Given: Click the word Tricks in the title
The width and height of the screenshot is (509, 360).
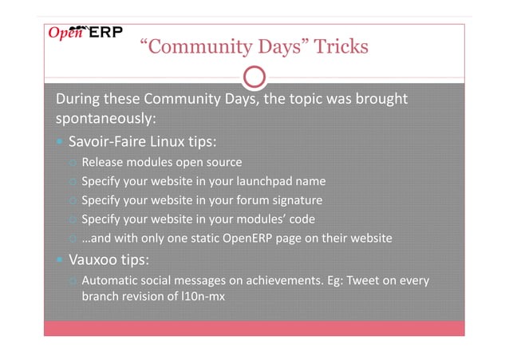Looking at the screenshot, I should pos(341,47).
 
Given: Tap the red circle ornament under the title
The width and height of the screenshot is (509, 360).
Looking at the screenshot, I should pos(254,77).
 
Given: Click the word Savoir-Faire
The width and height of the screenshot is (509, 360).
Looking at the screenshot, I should pos(109,143).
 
